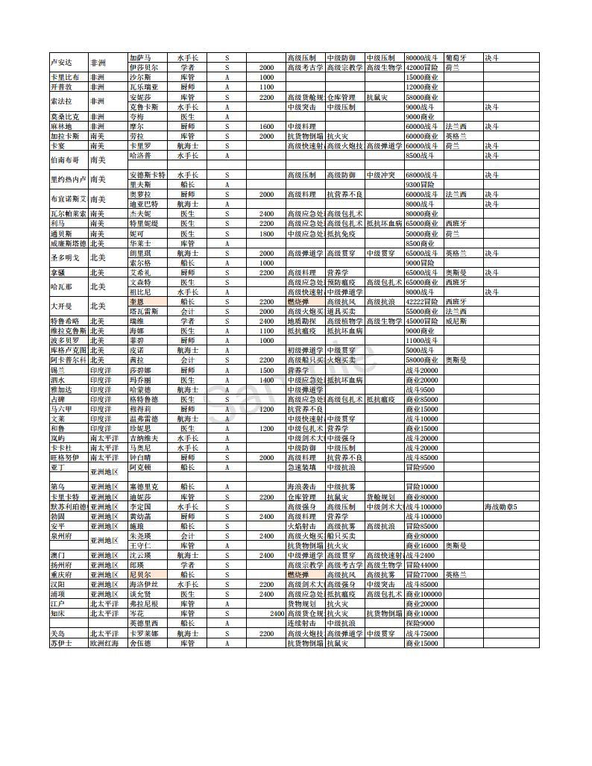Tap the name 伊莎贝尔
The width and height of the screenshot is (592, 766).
coord(144,67)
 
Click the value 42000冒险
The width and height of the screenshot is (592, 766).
coord(423,67)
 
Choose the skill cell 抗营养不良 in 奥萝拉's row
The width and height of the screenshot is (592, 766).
coord(344,194)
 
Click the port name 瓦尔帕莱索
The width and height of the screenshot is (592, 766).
coord(67,213)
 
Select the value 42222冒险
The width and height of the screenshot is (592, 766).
coord(423,301)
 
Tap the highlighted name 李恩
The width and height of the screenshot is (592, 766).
coord(137,301)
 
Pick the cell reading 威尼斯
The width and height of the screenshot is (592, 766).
coord(457,321)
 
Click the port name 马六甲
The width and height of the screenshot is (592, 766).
coord(61,409)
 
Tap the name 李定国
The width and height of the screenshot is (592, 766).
coord(141,506)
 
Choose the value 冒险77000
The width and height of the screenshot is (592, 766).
coord(421,575)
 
